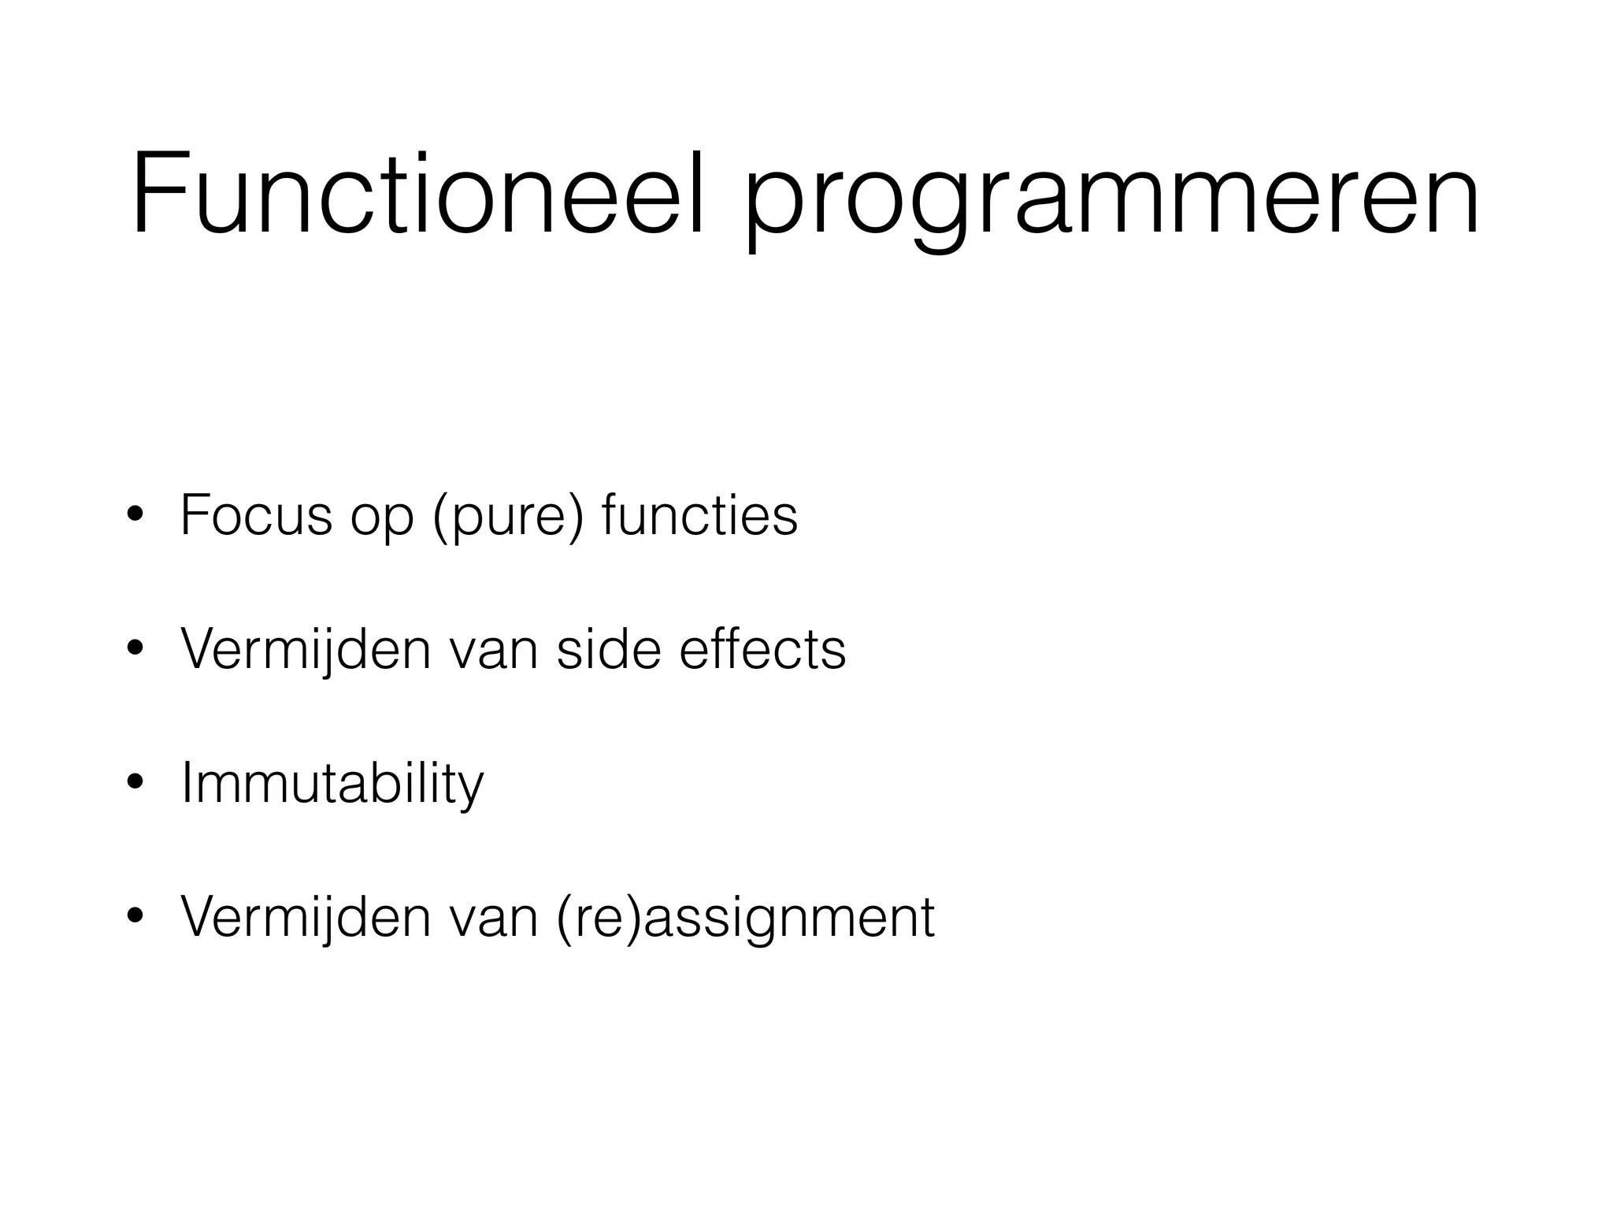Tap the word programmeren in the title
click(x=1111, y=202)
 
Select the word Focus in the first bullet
click(x=256, y=515)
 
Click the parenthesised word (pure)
click(x=509, y=518)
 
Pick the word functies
click(x=699, y=515)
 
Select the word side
click(x=607, y=649)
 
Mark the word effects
click(x=762, y=649)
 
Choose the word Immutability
click(x=332, y=785)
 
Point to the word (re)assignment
click(x=745, y=919)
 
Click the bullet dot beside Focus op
click(x=135, y=514)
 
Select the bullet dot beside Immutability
click(x=135, y=782)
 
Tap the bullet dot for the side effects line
click(x=135, y=648)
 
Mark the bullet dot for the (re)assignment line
click(x=135, y=916)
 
